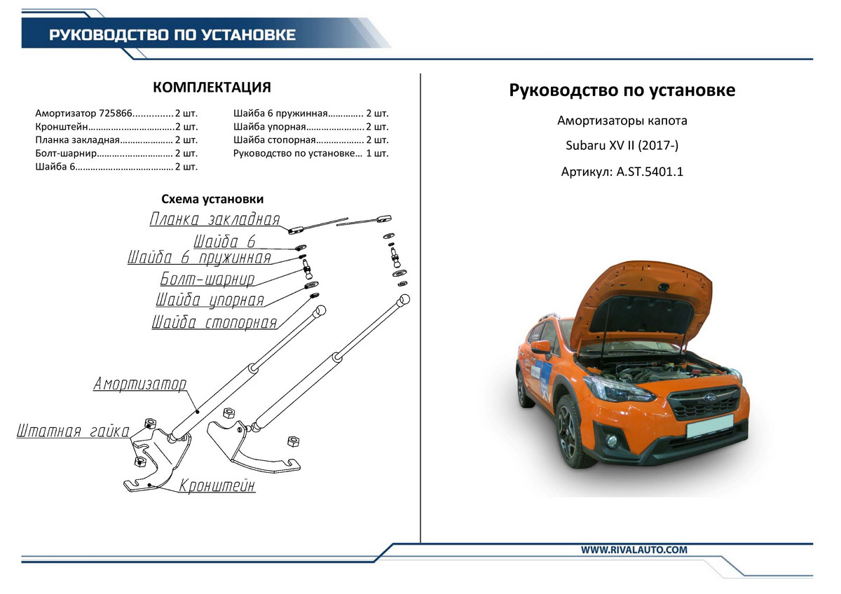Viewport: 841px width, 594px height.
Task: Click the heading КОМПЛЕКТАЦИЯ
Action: pyautogui.click(x=212, y=88)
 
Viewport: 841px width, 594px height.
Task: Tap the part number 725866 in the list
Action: pyautogui.click(x=116, y=113)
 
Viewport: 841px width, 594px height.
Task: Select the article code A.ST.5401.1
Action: pyautogui.click(x=649, y=171)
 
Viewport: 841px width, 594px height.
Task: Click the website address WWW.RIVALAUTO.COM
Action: pyautogui.click(x=634, y=550)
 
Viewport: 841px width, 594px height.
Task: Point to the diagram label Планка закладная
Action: pyautogui.click(x=214, y=219)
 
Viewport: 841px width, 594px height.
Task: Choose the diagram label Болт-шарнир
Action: pyautogui.click(x=207, y=279)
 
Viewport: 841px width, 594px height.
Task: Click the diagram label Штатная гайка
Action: pyautogui.click(x=72, y=431)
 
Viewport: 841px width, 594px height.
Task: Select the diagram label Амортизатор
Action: pyautogui.click(x=140, y=384)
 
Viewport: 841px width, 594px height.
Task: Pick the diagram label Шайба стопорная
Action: pyautogui.click(x=214, y=323)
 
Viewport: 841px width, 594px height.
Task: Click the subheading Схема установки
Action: pyautogui.click(x=212, y=200)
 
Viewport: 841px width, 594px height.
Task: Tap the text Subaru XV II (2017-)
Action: pyautogui.click(x=622, y=146)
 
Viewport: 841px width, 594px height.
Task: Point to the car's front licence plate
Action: pyautogui.click(x=709, y=426)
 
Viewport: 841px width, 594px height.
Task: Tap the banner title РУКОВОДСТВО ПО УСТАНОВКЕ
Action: pyautogui.click(x=172, y=35)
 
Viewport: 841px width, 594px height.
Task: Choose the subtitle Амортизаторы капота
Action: pyautogui.click(x=622, y=120)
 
